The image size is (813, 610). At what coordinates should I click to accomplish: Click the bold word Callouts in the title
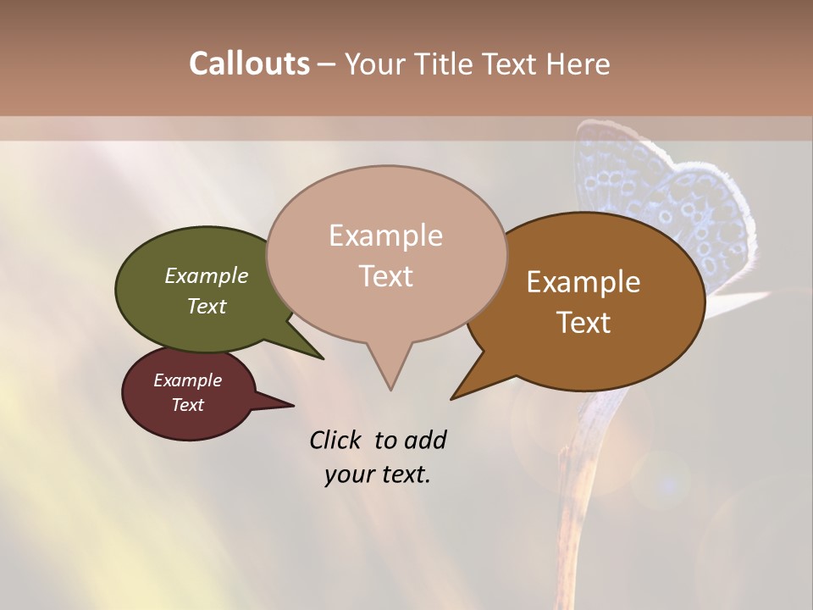(249, 64)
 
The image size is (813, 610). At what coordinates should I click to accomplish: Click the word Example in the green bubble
(207, 276)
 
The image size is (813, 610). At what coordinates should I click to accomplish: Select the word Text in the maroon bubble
(188, 405)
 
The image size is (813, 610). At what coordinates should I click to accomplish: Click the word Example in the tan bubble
(385, 236)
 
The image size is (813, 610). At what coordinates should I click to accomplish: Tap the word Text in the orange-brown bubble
(584, 322)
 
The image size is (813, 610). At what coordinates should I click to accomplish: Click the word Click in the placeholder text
(336, 440)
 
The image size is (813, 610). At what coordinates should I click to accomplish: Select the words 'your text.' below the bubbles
(378, 474)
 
